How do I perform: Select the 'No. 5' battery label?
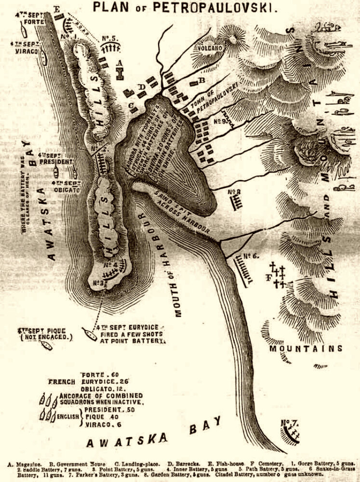coord(110,38)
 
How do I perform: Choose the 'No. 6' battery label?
coord(251,256)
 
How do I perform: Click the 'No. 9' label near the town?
coord(223,121)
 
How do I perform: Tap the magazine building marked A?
coord(120,72)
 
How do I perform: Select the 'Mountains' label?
coord(306,348)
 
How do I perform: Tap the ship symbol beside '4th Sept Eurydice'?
coord(89,333)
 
